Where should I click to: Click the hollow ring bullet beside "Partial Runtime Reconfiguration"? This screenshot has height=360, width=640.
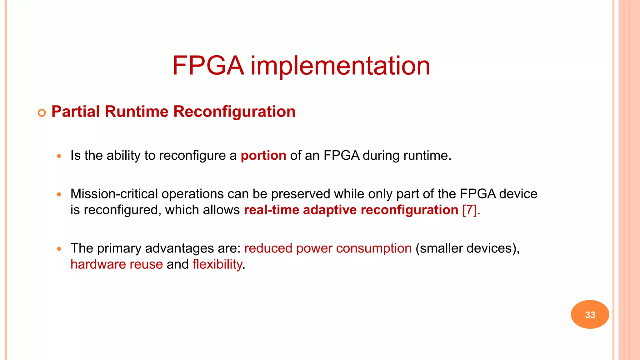[42, 113]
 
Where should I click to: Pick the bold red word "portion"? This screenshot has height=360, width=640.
[263, 156]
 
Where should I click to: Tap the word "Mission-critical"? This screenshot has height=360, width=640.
[114, 194]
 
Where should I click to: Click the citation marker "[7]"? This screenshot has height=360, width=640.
[469, 210]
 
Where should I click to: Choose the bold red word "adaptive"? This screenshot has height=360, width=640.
[330, 210]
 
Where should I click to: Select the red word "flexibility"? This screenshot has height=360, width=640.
[217, 264]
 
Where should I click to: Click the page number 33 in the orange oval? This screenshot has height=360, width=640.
[590, 315]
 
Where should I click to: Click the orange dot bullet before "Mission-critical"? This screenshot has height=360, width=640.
[59, 194]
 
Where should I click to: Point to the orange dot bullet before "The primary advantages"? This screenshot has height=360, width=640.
[59, 249]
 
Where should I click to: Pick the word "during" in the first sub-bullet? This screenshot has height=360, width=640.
[381, 156]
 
